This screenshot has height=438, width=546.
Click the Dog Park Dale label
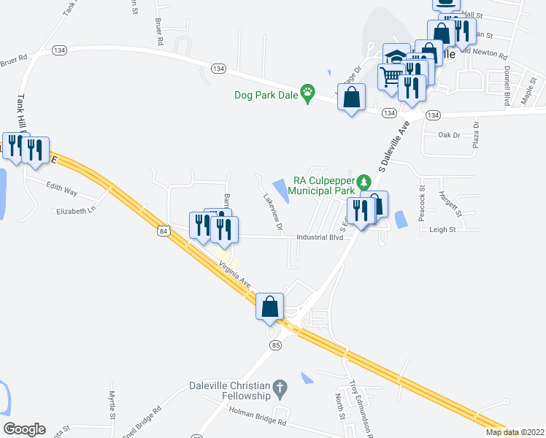pyautogui.click(x=267, y=95)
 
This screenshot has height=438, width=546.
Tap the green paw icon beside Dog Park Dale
pyautogui.click(x=310, y=93)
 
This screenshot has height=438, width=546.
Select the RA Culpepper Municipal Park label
pyautogui.click(x=323, y=185)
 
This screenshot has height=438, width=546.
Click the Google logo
pyautogui.click(x=25, y=429)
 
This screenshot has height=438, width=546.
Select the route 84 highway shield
pyautogui.click(x=164, y=231)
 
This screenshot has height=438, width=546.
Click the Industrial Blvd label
pyautogui.click(x=320, y=237)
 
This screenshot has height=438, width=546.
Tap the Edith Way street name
pyautogui.click(x=61, y=189)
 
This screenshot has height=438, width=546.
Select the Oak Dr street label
pyautogui.click(x=449, y=135)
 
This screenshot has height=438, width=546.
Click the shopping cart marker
pyautogui.click(x=392, y=75)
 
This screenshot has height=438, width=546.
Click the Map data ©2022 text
pyautogui.click(x=515, y=432)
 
